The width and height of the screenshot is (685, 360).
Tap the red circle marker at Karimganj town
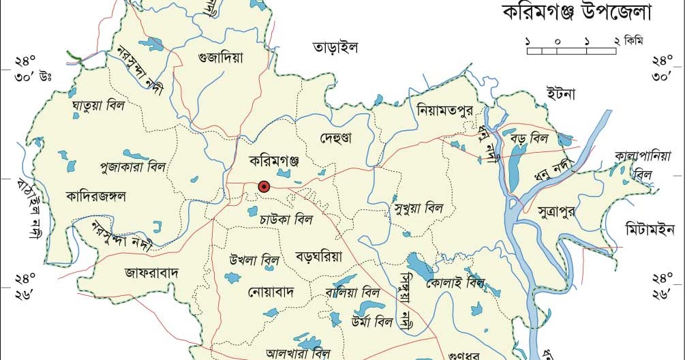[x=264, y=185]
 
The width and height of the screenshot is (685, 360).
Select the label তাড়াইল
[x=335, y=48]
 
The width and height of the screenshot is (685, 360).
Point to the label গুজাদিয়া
[x=220, y=58]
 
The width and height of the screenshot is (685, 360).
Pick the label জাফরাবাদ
[x=151, y=273]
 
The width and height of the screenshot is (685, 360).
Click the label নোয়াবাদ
[x=270, y=292]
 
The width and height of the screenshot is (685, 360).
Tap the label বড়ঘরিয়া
[x=318, y=256]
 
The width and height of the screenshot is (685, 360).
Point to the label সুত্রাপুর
[x=556, y=210]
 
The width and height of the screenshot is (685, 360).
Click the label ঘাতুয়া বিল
[x=97, y=106]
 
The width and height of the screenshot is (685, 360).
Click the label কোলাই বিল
[x=453, y=282]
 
